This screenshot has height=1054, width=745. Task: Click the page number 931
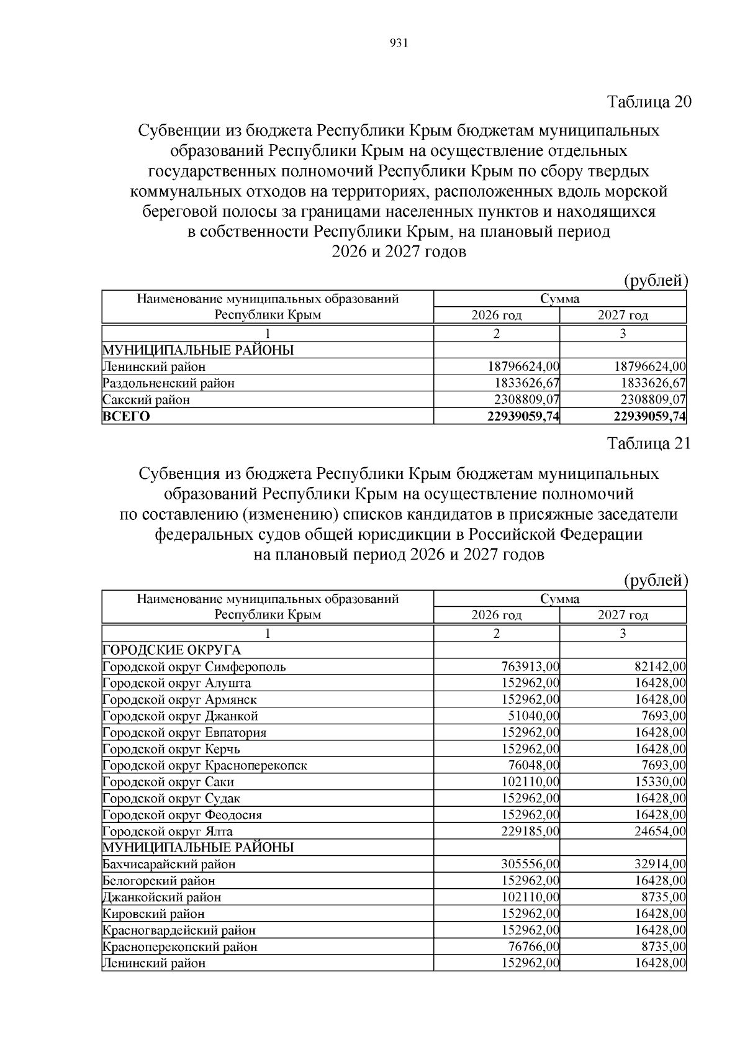(x=397, y=43)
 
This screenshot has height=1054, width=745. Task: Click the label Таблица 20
(x=649, y=102)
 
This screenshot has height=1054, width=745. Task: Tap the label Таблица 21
(x=649, y=443)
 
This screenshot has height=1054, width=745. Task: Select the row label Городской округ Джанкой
(x=180, y=716)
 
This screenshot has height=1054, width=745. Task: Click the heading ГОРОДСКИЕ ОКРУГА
(x=171, y=650)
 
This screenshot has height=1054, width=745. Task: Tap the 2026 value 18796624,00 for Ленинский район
(x=524, y=367)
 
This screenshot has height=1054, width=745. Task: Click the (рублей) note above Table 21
(x=656, y=581)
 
